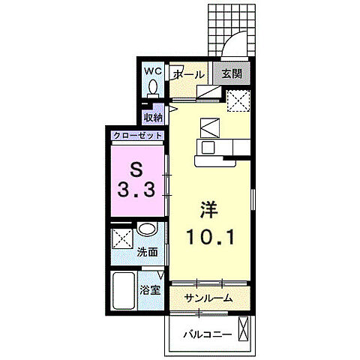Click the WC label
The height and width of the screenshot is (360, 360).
click(153, 71)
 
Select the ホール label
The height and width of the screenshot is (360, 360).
click(189, 74)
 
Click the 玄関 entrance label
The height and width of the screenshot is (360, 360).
click(232, 73)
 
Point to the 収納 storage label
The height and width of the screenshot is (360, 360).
click(153, 118)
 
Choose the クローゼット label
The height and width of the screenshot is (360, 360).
click(138, 136)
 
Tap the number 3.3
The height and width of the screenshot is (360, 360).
click(136, 190)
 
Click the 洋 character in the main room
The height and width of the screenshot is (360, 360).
click(209, 210)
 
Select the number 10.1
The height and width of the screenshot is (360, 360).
click(210, 237)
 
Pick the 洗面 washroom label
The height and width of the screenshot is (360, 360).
click(148, 253)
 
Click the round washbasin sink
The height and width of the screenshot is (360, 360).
click(147, 229)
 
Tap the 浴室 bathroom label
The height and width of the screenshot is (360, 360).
click(150, 290)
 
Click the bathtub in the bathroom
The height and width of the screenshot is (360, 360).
click(124, 290)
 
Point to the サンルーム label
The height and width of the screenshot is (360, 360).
click(208, 298)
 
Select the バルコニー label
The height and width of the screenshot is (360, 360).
click(208, 334)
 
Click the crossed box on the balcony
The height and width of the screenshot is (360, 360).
click(243, 328)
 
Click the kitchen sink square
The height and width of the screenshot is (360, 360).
click(208, 148)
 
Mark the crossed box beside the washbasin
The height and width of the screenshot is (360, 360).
click(122, 238)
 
